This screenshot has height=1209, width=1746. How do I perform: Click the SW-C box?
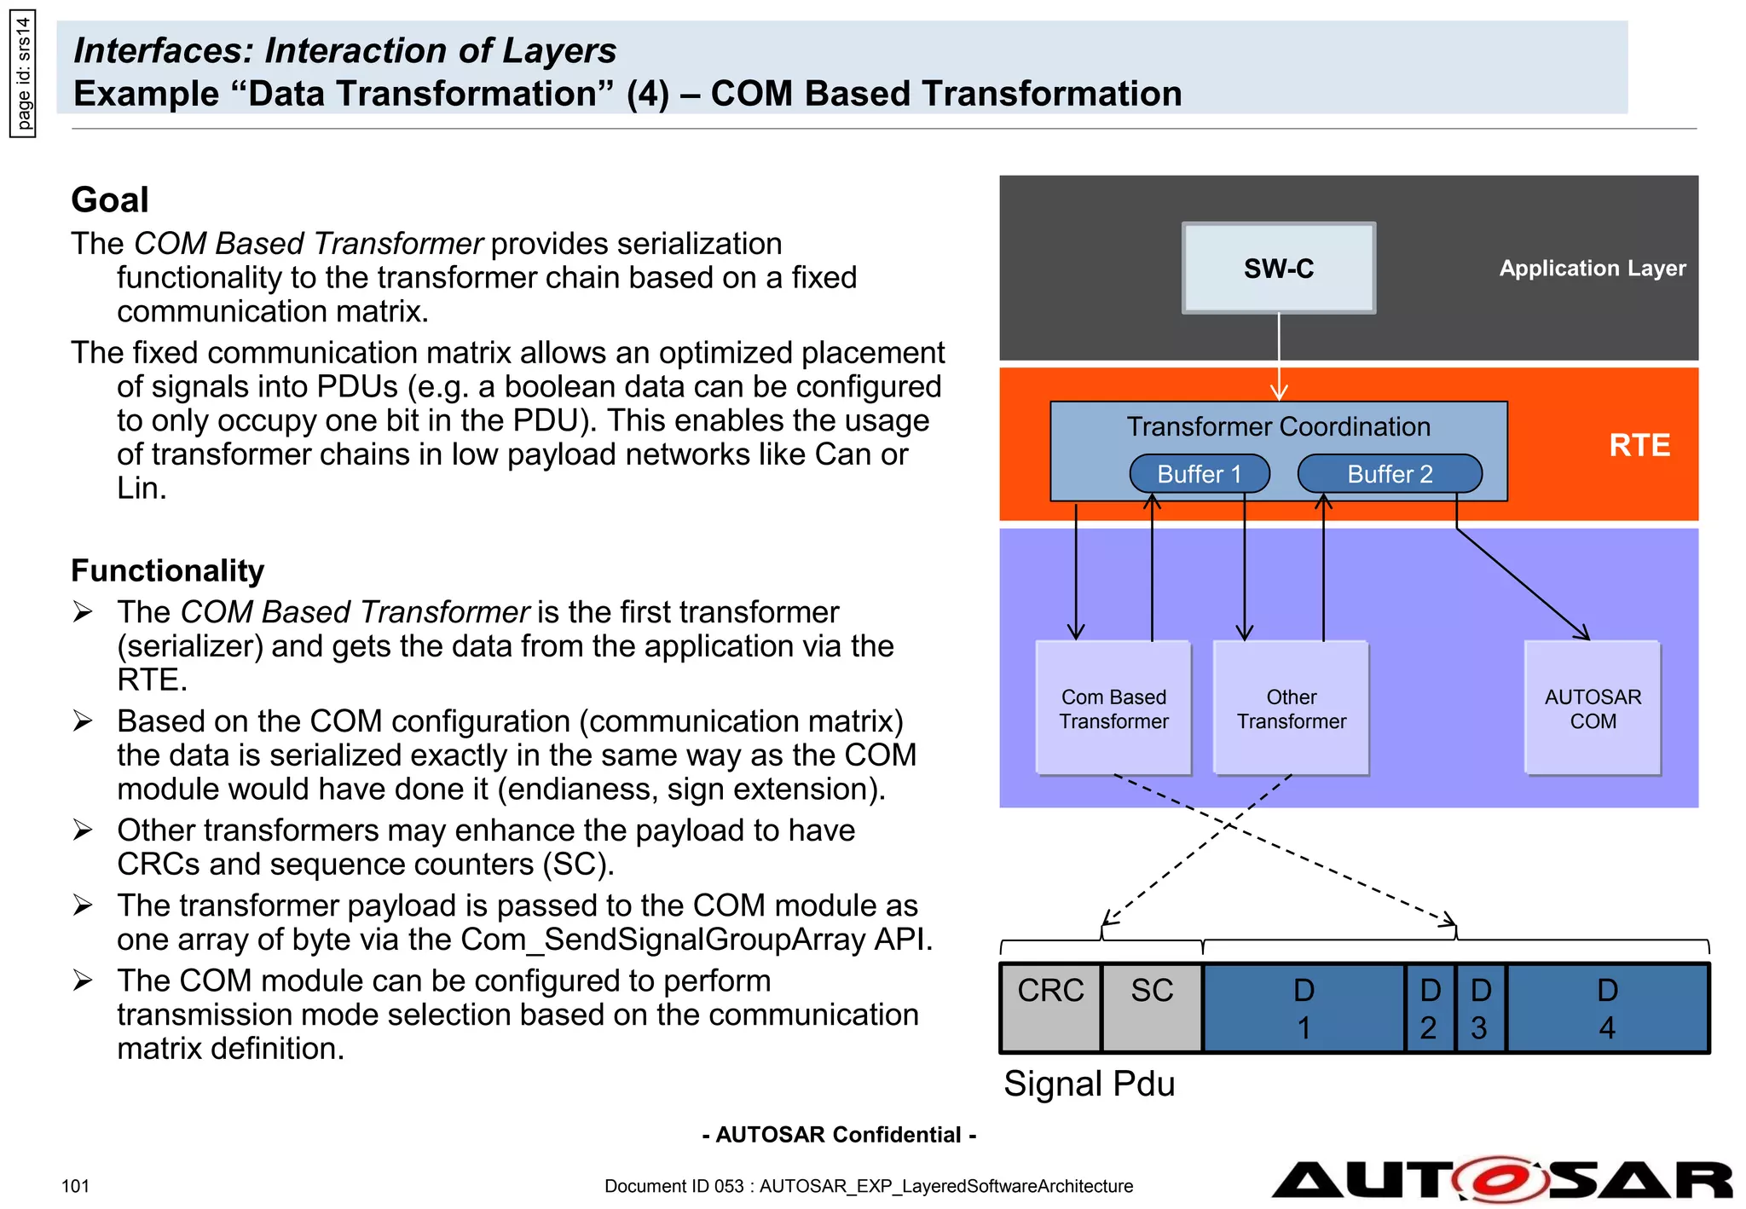coord(1278,269)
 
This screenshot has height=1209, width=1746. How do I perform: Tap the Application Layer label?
coord(1592,269)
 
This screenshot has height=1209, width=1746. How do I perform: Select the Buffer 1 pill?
coord(1199,474)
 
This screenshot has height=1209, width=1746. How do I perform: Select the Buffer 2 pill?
coord(1389,474)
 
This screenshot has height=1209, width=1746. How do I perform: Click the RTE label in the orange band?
coord(1639,445)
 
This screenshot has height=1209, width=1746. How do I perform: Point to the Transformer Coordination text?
coord(1278,426)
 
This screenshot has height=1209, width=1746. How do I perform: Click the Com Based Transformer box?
coord(1113,709)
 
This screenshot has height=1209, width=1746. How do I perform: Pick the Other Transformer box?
coord(1291,709)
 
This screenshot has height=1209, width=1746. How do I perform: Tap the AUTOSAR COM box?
coord(1592,709)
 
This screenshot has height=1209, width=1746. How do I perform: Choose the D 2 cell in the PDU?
coord(1430,1008)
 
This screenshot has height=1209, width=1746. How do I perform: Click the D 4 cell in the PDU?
coord(1607,1008)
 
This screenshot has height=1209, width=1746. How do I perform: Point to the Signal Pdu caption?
coord(1089,1084)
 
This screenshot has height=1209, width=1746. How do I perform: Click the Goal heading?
coord(110,200)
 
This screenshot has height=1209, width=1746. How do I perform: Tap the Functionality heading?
coord(167,570)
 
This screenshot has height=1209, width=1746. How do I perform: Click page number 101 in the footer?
coord(75,1186)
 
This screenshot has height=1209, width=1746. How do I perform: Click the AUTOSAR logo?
coord(1501,1180)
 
